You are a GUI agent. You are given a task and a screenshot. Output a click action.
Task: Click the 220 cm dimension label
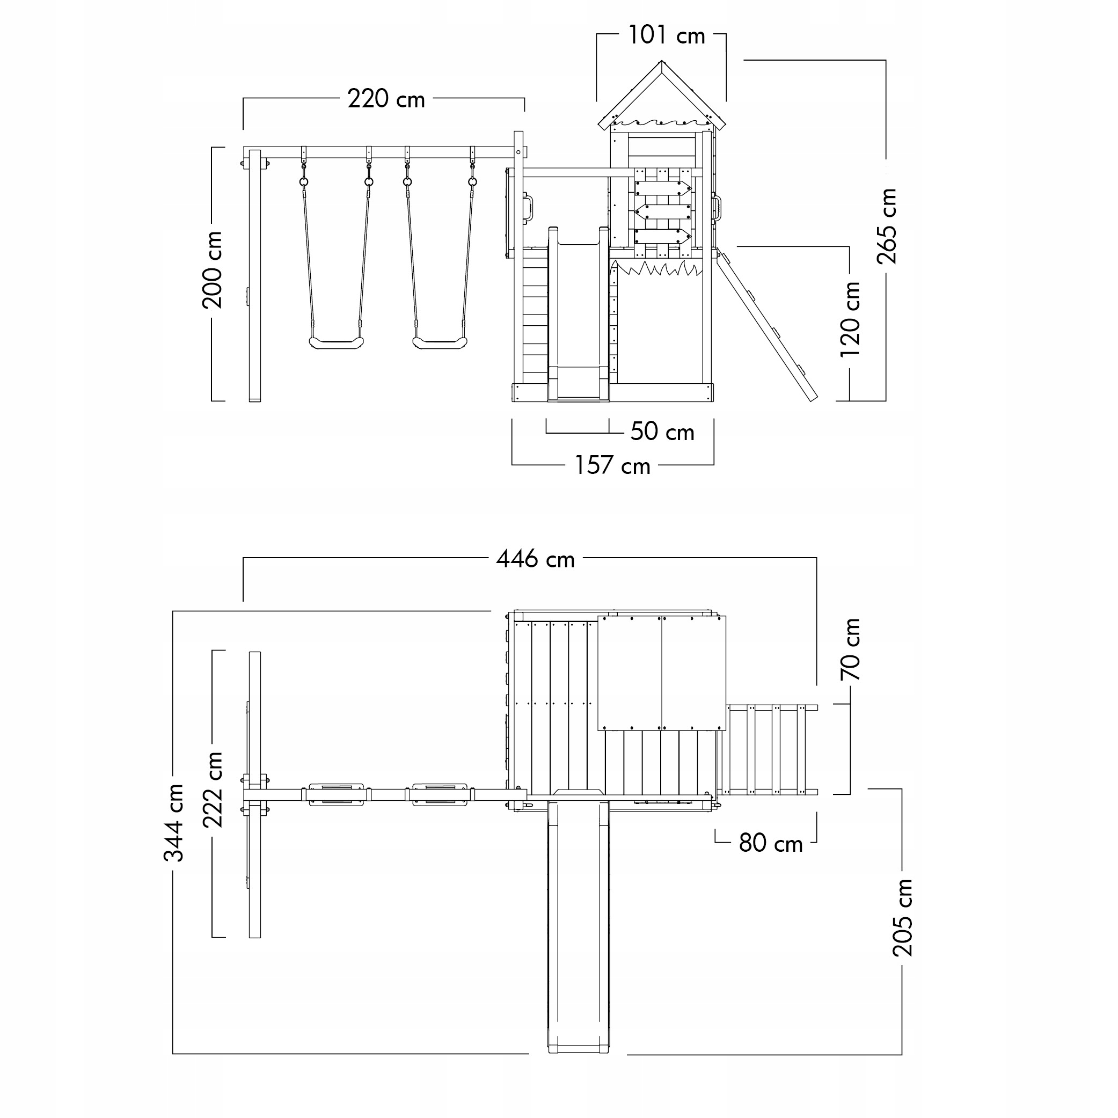point(386,99)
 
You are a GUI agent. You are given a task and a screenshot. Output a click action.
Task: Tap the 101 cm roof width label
point(666,36)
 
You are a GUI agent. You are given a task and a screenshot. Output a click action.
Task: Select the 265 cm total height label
point(886,225)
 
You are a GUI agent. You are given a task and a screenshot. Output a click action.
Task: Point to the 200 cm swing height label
point(213,269)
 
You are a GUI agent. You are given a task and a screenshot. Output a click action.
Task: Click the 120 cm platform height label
point(850,319)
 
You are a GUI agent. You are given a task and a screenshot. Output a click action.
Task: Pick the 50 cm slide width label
point(662,432)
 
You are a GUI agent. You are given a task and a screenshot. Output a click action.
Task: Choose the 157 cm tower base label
point(612,466)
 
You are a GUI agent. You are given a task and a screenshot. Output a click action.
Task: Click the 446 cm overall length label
point(535,560)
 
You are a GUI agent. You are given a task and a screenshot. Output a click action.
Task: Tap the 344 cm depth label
point(173,823)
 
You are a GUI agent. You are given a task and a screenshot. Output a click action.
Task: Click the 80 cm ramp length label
point(770,844)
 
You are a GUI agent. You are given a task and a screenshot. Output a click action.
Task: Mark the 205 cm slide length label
point(902,917)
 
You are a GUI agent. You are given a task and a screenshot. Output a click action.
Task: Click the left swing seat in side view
point(336,343)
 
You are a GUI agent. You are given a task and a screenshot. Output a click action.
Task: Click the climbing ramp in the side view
point(767,324)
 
